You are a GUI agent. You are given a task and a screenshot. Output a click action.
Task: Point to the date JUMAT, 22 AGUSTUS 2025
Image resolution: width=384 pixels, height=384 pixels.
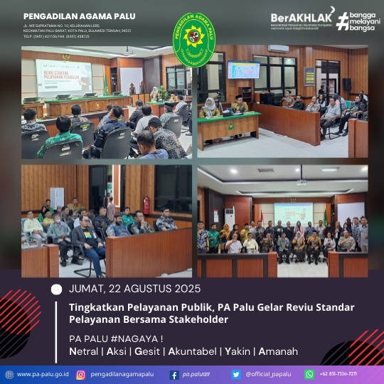point(134,289)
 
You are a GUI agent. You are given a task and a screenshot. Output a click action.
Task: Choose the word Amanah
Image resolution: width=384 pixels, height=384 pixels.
point(274,351)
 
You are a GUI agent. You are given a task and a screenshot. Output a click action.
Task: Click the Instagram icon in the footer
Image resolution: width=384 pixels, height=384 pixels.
point(81,374)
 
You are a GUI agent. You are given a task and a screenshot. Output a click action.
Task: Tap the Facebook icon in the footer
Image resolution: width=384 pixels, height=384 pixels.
point(174,374)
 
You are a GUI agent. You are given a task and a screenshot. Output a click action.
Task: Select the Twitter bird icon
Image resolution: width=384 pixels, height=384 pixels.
point(236,374)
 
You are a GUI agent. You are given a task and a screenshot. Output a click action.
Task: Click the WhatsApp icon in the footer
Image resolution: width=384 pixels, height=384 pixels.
point(309,374)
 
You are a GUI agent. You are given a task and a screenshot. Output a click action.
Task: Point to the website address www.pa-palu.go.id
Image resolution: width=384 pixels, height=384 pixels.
point(42,374)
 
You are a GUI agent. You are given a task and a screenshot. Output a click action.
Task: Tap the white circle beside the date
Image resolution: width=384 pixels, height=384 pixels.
point(57,289)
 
